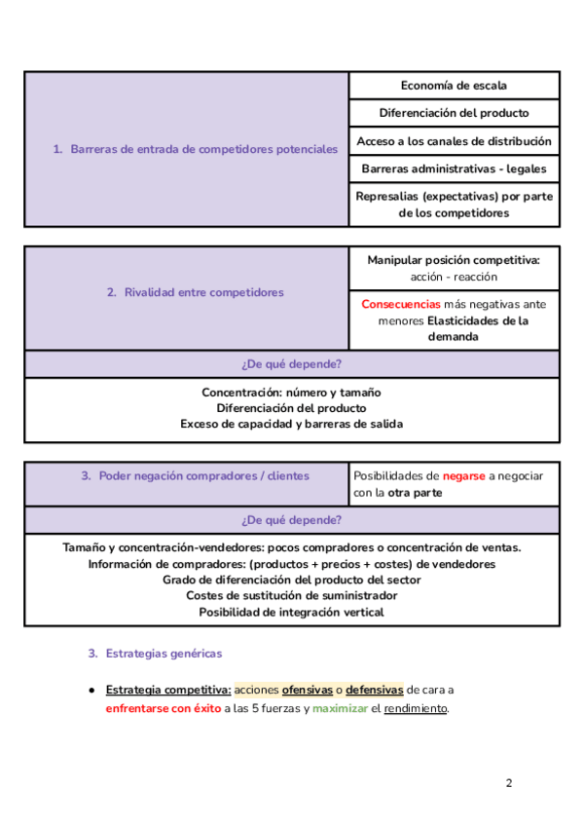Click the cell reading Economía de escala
coord(454,86)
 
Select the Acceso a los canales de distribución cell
coord(454,141)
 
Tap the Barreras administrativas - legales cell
coord(454,169)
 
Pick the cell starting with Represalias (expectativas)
coord(454,205)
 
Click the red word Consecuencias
coord(400,304)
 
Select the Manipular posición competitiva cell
coord(454,268)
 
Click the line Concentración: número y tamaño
coord(291,392)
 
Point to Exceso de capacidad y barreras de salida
coord(291,424)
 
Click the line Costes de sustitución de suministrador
coord(291,595)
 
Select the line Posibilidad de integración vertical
coord(291,612)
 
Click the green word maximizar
coord(340,708)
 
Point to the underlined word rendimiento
coord(416,708)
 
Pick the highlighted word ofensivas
coord(307,690)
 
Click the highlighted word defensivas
coord(375,690)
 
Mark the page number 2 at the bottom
coord(508,783)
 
